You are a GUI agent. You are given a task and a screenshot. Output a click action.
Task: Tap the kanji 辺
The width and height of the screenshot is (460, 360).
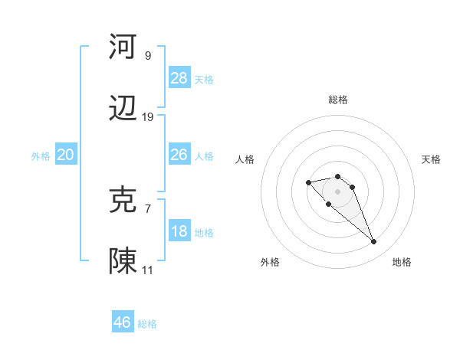(x=123, y=110)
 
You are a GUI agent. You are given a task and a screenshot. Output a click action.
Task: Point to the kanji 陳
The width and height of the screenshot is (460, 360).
(x=123, y=261)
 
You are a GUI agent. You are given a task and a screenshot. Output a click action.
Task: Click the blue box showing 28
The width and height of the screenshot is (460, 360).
(x=179, y=78)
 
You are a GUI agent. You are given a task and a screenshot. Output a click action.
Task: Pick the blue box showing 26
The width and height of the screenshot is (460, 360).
(x=179, y=155)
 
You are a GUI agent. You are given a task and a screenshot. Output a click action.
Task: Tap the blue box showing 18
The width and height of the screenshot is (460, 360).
(x=179, y=231)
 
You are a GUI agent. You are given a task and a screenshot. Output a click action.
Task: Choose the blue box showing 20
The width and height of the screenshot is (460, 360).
(x=66, y=155)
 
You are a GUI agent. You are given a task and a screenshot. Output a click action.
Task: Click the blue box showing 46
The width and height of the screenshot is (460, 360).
(x=123, y=322)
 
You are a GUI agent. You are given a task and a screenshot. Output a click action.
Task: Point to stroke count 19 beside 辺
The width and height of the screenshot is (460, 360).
(x=148, y=117)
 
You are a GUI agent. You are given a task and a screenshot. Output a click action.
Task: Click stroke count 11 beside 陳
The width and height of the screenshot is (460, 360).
(x=148, y=270)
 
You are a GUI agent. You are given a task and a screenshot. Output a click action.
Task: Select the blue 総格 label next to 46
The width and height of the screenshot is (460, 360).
(x=147, y=324)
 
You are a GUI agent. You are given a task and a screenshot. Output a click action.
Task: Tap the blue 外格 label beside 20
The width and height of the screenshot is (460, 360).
(x=41, y=155)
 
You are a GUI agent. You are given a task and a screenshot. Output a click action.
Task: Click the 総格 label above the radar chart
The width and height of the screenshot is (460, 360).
(x=338, y=100)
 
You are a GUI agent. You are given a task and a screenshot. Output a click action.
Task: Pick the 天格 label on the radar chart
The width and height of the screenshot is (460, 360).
(x=432, y=159)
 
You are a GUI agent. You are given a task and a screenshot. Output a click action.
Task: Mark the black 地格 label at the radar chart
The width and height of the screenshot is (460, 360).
(x=402, y=262)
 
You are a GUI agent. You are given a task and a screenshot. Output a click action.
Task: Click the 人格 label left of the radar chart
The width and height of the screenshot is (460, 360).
(x=245, y=159)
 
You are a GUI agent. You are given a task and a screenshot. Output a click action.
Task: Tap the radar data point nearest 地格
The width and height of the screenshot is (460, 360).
(x=374, y=242)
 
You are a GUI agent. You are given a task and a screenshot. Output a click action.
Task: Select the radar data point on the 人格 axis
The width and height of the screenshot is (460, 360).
(x=308, y=182)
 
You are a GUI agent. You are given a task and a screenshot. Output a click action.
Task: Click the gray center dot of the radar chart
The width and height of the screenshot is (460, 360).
(x=338, y=191)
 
